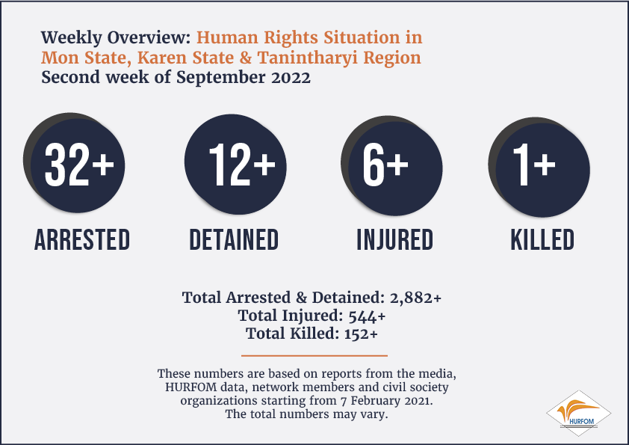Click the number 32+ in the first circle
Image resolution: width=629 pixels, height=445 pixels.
coord(79,165)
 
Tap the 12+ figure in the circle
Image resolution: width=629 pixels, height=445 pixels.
coord(242,165)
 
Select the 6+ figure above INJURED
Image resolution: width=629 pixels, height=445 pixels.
coord(385,165)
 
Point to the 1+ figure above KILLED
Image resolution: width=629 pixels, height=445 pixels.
coord(534,165)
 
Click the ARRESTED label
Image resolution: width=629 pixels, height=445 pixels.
coord(82,240)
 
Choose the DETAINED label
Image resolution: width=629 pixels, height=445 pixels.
coord(234,240)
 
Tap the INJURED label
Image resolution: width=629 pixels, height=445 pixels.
coord(395,240)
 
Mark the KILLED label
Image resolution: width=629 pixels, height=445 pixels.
coord(542,240)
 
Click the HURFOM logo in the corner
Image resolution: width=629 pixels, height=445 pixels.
coord(578,414)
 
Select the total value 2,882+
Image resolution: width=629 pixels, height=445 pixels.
coord(415,298)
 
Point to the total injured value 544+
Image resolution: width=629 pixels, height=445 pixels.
coord(367,316)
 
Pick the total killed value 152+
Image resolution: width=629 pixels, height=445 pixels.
coord(361,334)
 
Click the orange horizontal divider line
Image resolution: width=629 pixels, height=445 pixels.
coord(314,355)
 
